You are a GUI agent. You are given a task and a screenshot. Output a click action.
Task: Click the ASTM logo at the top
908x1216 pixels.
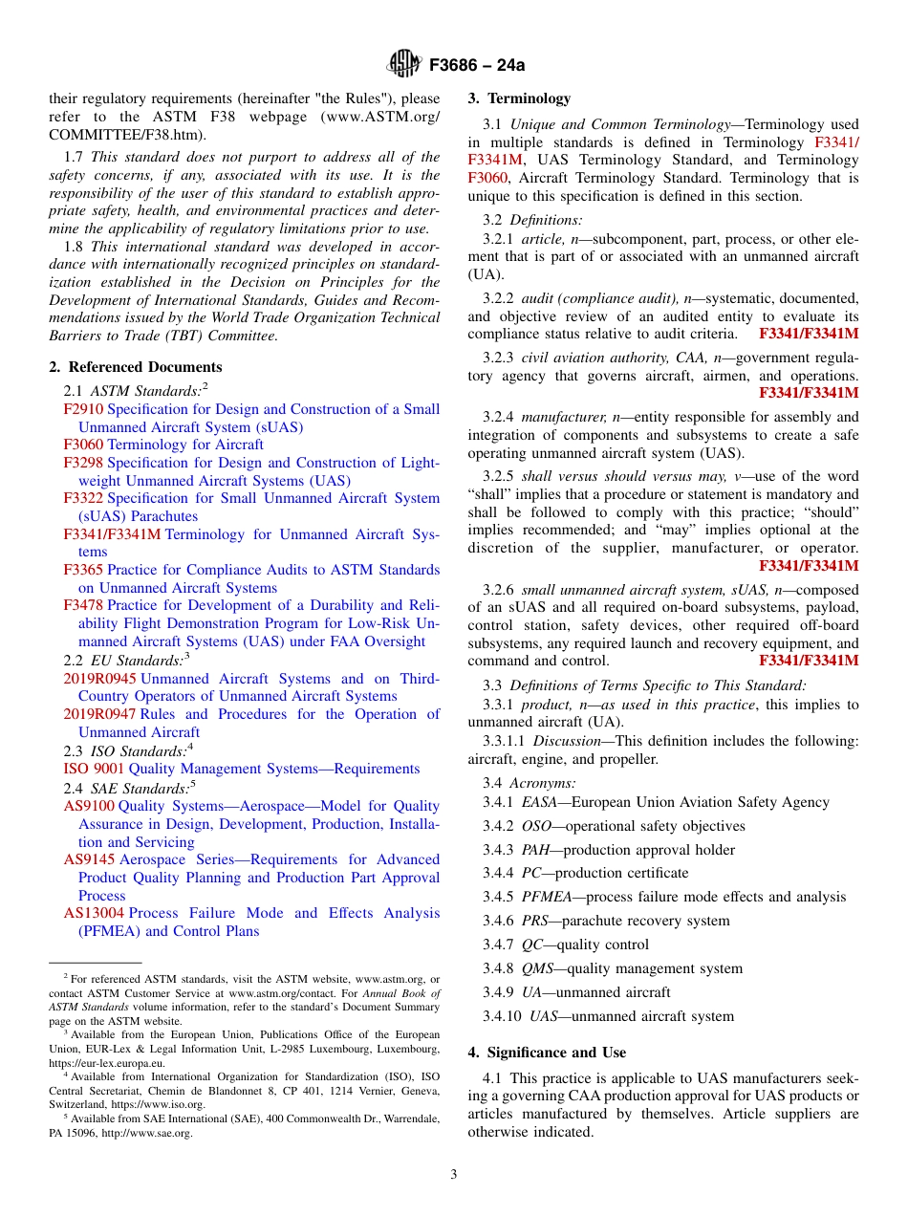(x=403, y=64)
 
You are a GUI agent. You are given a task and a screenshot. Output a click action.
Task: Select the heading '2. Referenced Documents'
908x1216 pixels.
(x=135, y=367)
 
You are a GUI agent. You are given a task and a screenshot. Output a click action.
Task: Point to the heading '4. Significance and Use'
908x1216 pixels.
(x=547, y=1053)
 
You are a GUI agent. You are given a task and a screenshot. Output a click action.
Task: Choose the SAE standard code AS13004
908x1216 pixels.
(x=94, y=913)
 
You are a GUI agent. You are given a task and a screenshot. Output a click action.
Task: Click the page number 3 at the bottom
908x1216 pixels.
(x=454, y=1174)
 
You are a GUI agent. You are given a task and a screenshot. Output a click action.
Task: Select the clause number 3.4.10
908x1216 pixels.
(x=502, y=1016)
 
